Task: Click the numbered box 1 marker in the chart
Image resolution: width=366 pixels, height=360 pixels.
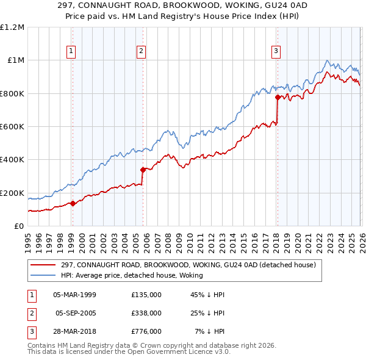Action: pos(72,51)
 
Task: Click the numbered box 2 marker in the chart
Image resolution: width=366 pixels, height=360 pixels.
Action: pos(141,51)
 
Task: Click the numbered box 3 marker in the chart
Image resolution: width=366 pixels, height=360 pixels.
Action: pos(276,51)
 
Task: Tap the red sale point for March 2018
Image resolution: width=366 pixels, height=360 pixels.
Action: pos(277,97)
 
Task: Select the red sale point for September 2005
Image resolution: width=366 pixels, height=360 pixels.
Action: pos(143,170)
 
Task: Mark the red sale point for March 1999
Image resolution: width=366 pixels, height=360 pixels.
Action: pos(73,203)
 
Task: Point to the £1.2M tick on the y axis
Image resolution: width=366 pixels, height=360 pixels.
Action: pos(12,27)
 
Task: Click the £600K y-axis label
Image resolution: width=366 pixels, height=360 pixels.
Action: pos(12,127)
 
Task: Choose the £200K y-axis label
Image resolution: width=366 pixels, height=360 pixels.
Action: pos(12,193)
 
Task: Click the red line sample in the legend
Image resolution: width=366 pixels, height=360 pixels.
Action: pos(43,265)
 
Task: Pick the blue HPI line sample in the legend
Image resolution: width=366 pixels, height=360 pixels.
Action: pos(43,275)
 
